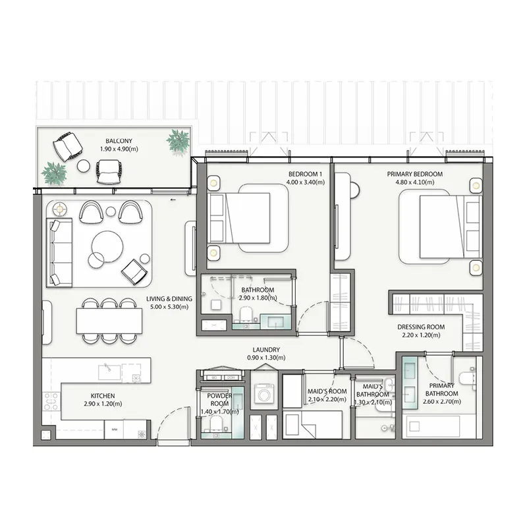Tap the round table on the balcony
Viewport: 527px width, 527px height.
click(x=84, y=166)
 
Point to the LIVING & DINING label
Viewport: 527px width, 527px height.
click(x=169, y=299)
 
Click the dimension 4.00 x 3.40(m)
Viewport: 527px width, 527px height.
click(x=306, y=182)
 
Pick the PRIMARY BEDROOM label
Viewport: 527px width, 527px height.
click(x=414, y=174)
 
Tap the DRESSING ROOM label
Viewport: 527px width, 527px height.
click(x=421, y=327)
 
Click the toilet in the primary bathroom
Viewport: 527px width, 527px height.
click(x=466, y=378)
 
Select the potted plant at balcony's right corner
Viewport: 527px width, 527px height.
click(x=178, y=140)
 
